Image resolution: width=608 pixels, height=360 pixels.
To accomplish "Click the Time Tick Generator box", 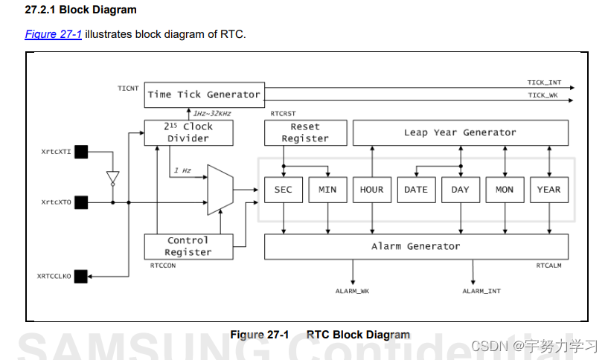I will [x=203, y=94].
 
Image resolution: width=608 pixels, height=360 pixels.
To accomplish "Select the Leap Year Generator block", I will [x=460, y=133].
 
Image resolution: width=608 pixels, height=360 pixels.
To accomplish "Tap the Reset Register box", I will [x=305, y=133].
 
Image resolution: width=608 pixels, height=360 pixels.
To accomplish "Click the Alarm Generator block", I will [x=416, y=246].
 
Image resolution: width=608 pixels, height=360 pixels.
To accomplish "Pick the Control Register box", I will [x=188, y=246].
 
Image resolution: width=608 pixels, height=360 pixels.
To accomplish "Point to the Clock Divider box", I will [x=188, y=133].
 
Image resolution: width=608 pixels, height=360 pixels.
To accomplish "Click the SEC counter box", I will [x=283, y=190].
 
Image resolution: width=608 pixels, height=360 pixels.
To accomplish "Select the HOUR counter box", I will [x=371, y=190].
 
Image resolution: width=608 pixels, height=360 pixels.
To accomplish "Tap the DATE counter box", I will [x=416, y=190].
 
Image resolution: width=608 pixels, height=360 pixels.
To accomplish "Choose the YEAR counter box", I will [x=548, y=190].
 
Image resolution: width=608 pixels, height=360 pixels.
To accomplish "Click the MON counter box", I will [x=505, y=190].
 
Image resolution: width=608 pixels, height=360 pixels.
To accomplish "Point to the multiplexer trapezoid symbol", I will [x=220, y=190].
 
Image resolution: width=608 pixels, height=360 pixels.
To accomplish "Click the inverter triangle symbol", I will [x=112, y=177].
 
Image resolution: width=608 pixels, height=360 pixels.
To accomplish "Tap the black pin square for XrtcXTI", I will [x=81, y=152].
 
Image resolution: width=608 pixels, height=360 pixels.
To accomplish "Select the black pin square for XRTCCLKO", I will [x=81, y=276].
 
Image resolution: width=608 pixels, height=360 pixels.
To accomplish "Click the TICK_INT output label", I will [x=545, y=83].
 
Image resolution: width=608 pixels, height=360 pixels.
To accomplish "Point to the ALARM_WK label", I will [x=353, y=292].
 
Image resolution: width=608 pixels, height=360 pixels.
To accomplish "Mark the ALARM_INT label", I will [x=481, y=292].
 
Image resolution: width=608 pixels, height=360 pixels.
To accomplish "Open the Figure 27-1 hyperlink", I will [x=54, y=34].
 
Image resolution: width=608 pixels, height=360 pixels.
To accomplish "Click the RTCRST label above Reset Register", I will [x=284, y=114].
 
